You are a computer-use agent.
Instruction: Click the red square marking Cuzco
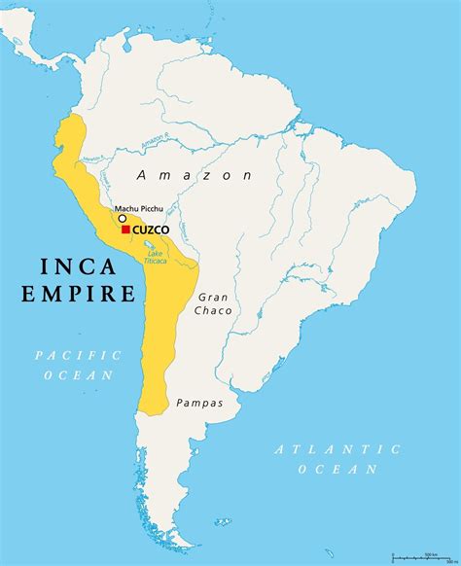[126, 230]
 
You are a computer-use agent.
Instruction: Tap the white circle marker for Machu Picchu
[123, 219]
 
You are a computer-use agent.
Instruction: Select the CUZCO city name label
[151, 230]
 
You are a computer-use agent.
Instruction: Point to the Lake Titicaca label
[156, 257]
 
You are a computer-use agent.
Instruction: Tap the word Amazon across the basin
[195, 176]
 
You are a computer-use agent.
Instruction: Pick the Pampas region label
[199, 403]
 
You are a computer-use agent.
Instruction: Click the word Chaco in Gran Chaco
[213, 310]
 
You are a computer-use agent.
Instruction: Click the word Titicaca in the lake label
[156, 261]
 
